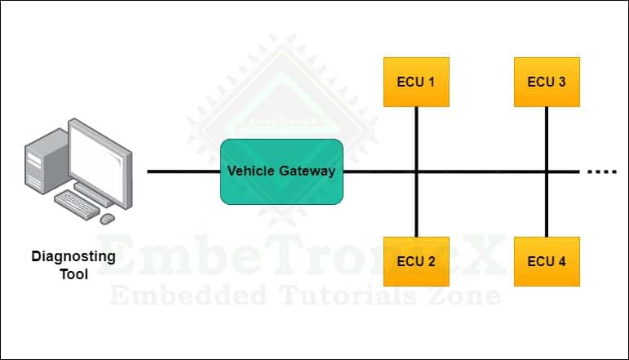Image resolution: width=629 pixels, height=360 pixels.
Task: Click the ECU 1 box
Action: tap(416, 82)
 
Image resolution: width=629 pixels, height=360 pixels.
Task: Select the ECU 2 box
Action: tap(416, 261)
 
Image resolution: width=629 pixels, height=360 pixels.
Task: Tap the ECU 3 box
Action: tap(547, 82)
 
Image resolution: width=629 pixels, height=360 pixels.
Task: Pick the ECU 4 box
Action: tap(547, 261)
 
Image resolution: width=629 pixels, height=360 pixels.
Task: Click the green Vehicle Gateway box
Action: tap(281, 171)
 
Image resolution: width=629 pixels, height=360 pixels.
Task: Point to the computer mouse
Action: tap(107, 218)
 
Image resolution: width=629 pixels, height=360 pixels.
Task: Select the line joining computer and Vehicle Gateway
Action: tap(184, 171)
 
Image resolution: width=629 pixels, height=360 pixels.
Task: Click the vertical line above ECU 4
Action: tap(547, 208)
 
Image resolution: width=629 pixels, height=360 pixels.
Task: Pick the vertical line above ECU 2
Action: tap(416, 208)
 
